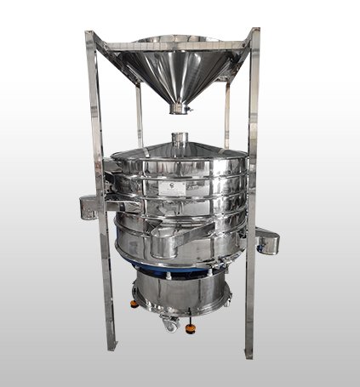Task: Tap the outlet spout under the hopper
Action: click(x=177, y=108)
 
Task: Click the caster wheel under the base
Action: click(x=171, y=323)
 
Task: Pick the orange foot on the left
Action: click(x=133, y=303)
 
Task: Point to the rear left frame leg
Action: click(x=139, y=115)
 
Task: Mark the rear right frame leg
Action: click(x=226, y=115)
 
